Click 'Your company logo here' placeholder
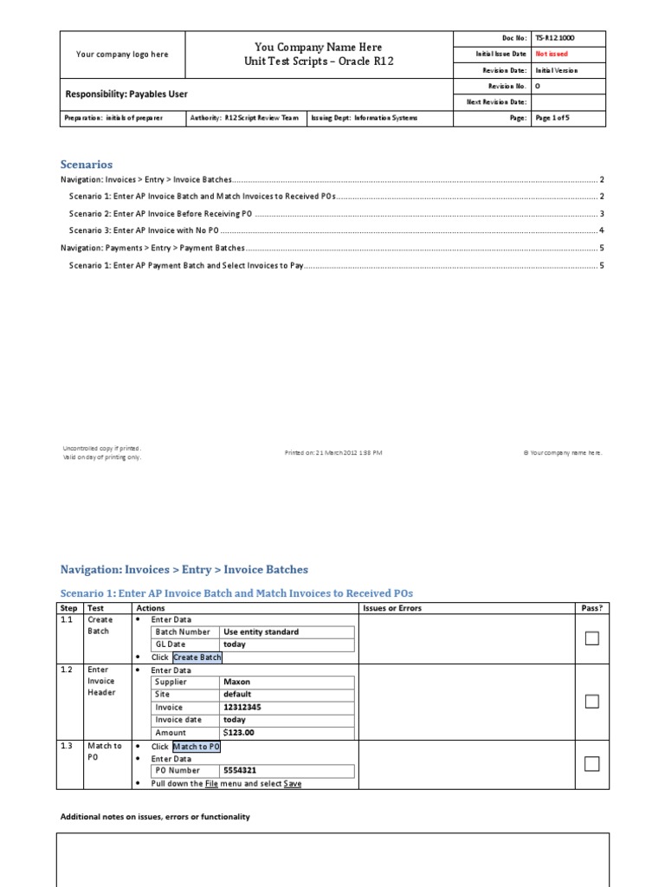(x=122, y=55)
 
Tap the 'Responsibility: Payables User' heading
(x=126, y=94)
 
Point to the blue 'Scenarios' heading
(x=86, y=164)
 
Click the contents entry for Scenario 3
(x=145, y=230)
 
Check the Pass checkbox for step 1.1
(x=591, y=638)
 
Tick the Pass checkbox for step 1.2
(x=591, y=702)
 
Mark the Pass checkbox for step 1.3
(x=591, y=763)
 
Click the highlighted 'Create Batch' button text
(x=197, y=657)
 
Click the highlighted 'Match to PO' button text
(x=197, y=747)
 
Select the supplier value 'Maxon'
(x=236, y=682)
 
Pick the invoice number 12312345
(x=243, y=708)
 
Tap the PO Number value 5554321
(x=240, y=770)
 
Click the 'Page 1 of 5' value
(x=552, y=118)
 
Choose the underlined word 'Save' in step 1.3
(x=293, y=784)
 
